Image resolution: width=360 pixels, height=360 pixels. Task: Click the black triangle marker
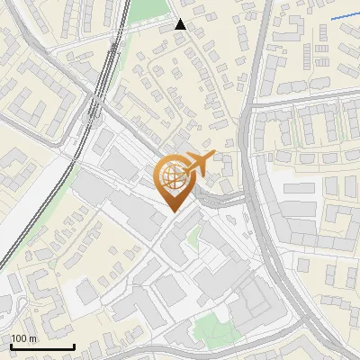coord(181,24)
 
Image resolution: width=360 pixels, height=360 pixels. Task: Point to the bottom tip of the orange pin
coord(172,211)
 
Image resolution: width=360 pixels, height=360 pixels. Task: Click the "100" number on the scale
coord(19,338)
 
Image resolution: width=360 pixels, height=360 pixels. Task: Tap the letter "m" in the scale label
coord(32,338)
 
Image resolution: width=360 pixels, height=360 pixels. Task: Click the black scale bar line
coord(41,347)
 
